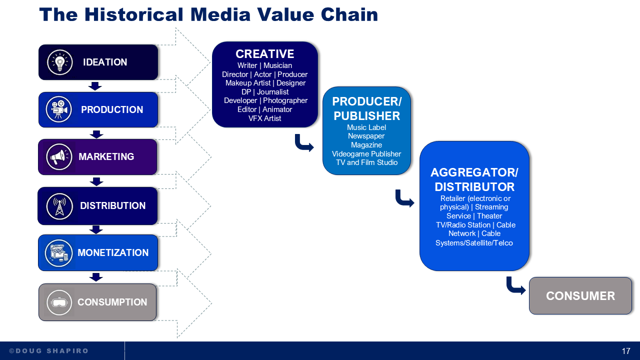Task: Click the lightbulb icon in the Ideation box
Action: coord(60,62)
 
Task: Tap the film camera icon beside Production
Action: coord(59,109)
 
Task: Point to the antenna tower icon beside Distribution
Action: coord(59,205)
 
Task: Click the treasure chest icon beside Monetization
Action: coord(58,253)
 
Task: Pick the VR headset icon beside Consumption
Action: coord(59,302)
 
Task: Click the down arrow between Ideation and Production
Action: coord(95,86)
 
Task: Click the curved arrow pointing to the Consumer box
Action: coord(515,286)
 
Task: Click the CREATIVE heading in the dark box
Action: coord(264,54)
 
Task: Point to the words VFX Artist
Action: coord(264,118)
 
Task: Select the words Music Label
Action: coord(366,127)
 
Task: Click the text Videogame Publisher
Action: coord(366,153)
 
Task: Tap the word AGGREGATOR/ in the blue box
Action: coord(474,172)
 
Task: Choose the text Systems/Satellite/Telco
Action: coord(474,243)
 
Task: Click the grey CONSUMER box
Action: coord(580,296)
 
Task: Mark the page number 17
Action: coord(626,351)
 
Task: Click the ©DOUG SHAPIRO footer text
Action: coord(48,351)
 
